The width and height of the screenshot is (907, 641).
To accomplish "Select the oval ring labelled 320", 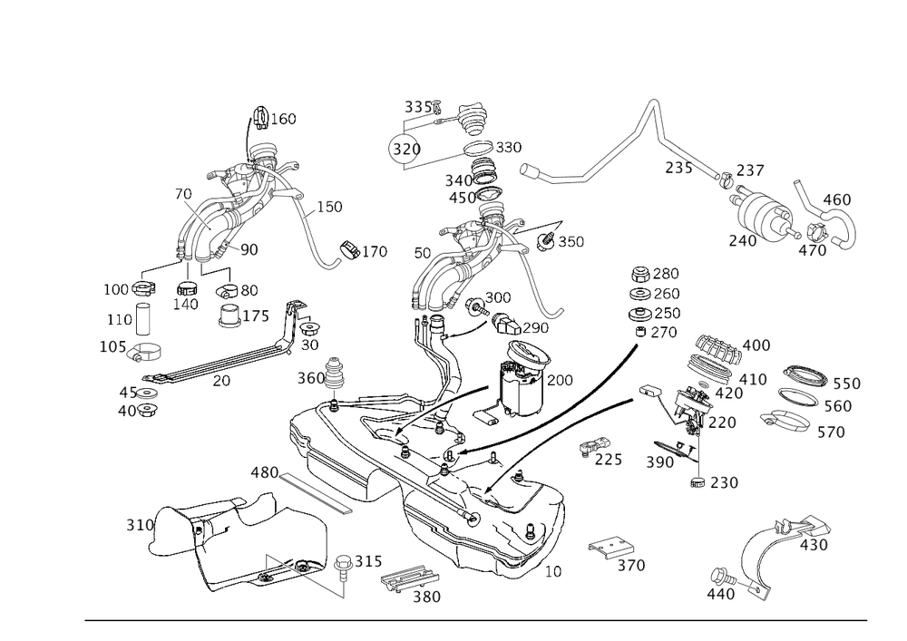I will (x=407, y=150).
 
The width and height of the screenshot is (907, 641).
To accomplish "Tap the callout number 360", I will (x=310, y=377).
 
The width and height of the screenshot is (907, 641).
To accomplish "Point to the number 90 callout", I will (x=249, y=248).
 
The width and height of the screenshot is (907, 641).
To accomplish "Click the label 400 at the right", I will (x=756, y=345).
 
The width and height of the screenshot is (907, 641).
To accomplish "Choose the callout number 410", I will (x=754, y=377).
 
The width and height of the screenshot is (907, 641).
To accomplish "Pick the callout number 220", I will (x=723, y=422).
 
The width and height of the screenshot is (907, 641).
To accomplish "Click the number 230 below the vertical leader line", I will (x=722, y=485).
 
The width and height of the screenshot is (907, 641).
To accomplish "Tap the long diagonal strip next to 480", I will (x=317, y=493).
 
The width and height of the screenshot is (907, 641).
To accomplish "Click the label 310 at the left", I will (x=140, y=525).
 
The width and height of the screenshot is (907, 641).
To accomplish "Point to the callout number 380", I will (x=426, y=597).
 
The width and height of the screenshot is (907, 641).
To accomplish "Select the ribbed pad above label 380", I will (x=408, y=580).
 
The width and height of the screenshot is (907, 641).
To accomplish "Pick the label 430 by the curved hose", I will (x=816, y=544).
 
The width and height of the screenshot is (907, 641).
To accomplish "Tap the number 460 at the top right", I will (x=836, y=199).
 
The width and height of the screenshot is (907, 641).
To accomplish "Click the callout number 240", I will (x=741, y=240).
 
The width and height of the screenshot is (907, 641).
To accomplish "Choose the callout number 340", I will (x=457, y=180).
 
